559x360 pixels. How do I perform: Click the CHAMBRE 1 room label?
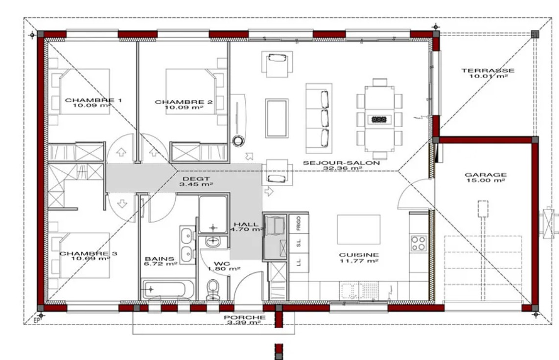coord(93,100)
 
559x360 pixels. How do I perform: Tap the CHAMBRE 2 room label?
coord(184,102)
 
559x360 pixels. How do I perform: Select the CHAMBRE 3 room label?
coord(88,253)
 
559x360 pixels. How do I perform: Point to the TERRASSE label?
coord(488,70)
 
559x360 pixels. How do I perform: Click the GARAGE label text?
coord(486,175)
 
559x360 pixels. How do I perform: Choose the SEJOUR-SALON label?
coord(341,163)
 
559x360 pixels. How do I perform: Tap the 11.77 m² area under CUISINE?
coord(359,261)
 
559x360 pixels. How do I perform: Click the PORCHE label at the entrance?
coord(245,317)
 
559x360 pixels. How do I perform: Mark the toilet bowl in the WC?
coord(213,289)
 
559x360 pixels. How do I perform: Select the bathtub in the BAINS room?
coord(168,289)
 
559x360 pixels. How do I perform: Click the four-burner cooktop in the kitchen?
coord(418,244)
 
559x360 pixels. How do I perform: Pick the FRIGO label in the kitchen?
coord(299,223)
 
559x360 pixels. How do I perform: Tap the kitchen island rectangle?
coord(359,229)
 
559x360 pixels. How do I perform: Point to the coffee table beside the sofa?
coord(277,118)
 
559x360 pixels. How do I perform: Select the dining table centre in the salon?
coord(379,118)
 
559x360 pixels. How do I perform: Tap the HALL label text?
coord(246,225)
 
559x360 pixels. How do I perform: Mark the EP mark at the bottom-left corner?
coord(36,320)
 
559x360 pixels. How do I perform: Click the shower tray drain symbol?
coord(213,227)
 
